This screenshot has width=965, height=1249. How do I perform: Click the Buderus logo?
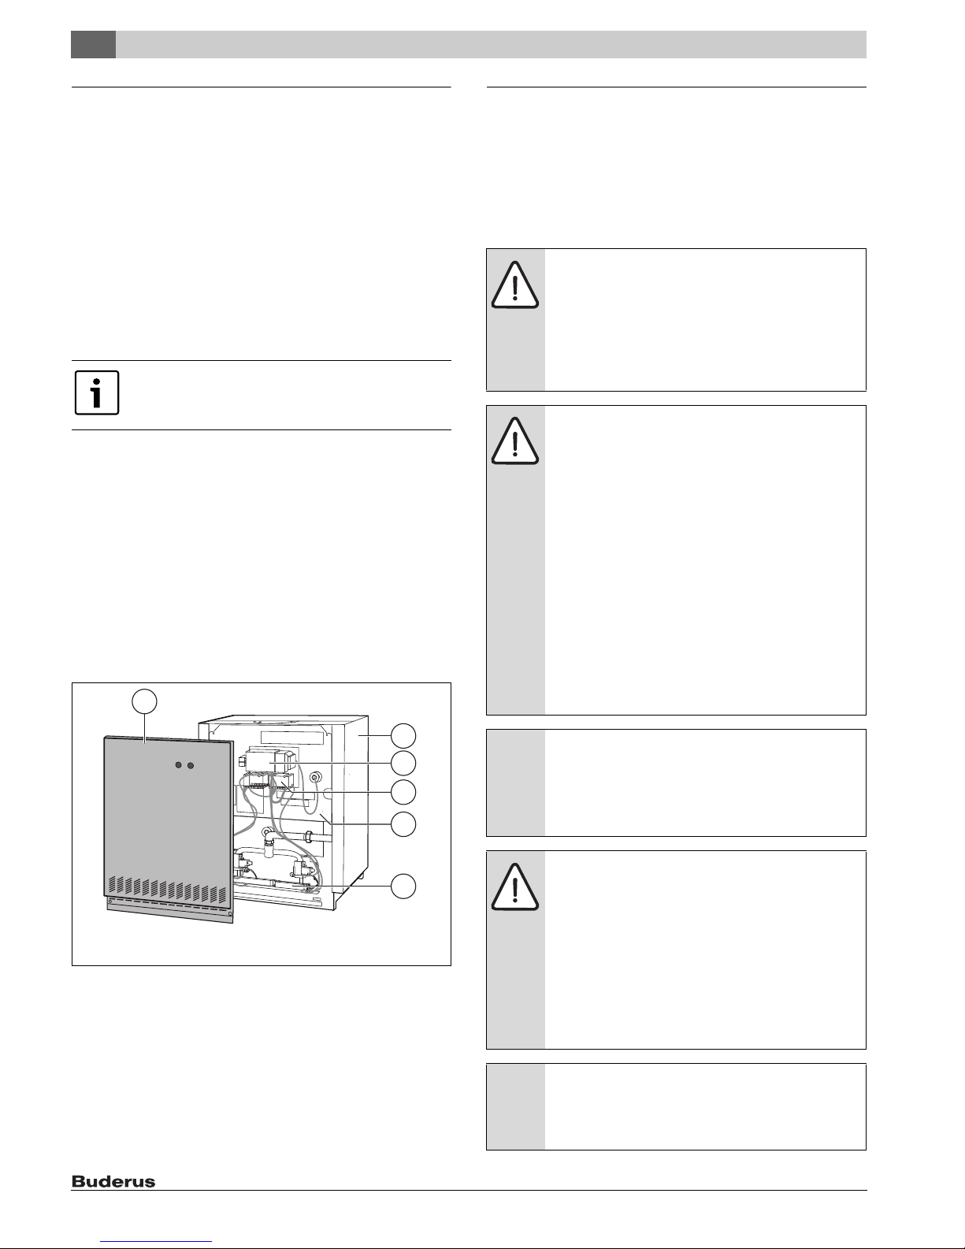[113, 1181]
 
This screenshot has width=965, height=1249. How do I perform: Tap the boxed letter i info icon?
[97, 392]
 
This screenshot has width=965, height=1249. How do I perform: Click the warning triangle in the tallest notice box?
[514, 440]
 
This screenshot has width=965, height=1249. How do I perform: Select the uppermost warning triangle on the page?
[514, 285]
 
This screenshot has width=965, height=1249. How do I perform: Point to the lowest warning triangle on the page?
[514, 887]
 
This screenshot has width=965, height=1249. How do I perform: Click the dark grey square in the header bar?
[93, 45]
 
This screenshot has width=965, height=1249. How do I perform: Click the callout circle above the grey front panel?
[144, 701]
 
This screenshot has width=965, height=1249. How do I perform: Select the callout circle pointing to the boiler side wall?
[403, 736]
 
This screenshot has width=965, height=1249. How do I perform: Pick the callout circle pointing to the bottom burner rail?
[403, 886]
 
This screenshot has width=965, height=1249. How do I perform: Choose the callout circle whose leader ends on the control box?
[403, 764]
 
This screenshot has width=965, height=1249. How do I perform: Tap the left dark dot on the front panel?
[179, 765]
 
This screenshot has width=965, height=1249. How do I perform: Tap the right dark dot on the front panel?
[191, 765]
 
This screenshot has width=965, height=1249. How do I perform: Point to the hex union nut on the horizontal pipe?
[308, 835]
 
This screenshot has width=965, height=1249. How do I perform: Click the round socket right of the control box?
[315, 777]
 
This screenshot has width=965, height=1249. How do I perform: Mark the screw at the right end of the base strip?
[230, 913]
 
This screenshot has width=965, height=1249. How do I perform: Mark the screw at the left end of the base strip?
[109, 901]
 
